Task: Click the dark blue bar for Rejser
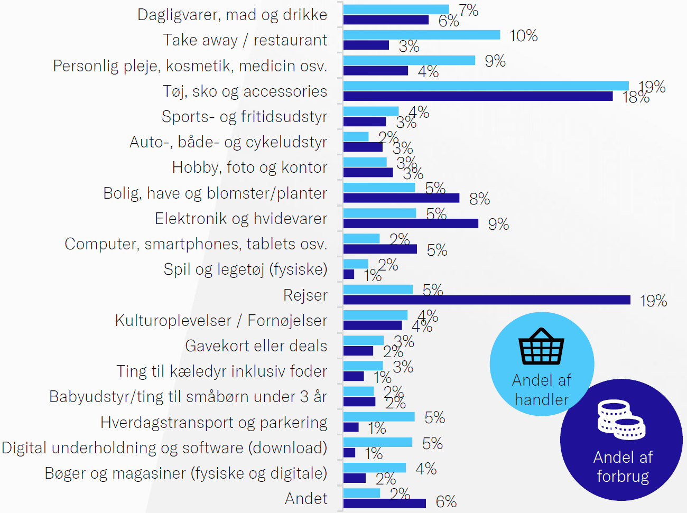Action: [x=486, y=300]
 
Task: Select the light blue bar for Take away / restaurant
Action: [x=421, y=35]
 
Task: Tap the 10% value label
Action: [x=523, y=36]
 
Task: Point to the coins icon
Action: [x=621, y=420]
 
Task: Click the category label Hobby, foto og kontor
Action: [x=249, y=167]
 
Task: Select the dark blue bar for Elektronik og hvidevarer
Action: [x=411, y=223]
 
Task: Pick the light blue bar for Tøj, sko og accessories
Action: [x=486, y=86]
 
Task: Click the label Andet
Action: [x=306, y=498]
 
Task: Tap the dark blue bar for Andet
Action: [x=384, y=503]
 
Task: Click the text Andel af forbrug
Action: [x=623, y=467]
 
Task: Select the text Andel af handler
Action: [x=542, y=390]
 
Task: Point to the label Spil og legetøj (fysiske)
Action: [x=245, y=269]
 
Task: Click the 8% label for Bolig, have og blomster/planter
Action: [x=479, y=199]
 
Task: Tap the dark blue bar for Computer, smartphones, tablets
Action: [x=380, y=249]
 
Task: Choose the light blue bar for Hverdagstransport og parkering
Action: [x=379, y=417]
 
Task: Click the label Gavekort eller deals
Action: [x=256, y=346]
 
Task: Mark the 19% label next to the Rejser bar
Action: [x=653, y=301]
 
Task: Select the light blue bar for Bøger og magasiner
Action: [x=375, y=468]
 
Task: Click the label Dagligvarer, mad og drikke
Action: [x=232, y=15]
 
